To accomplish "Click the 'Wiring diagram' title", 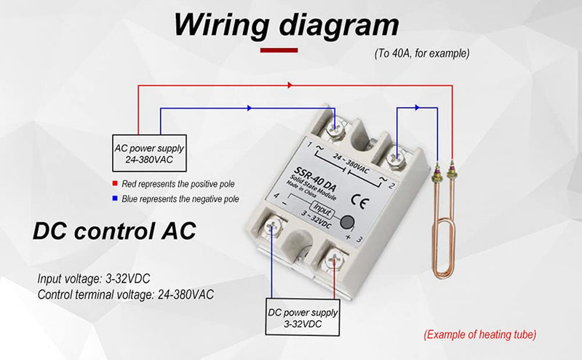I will [286, 26].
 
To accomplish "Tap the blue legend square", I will [114, 198].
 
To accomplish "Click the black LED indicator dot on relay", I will [348, 223].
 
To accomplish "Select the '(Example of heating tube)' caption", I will [480, 335].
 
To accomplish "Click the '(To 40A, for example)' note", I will [422, 53].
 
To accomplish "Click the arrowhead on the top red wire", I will [290, 85].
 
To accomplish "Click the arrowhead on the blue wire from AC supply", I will [250, 108].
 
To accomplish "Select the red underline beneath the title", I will [279, 50].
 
